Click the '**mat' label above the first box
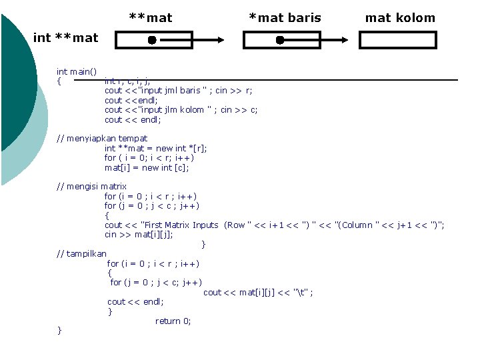pyautogui.click(x=150, y=18)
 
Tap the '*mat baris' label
pyautogui.click(x=285, y=18)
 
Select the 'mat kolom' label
pyautogui.click(x=400, y=18)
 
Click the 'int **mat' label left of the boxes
pyautogui.click(x=65, y=38)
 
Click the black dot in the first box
pyautogui.click(x=152, y=41)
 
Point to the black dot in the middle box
pyautogui.click(x=280, y=41)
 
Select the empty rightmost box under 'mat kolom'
pyautogui.click(x=397, y=41)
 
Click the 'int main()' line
pyautogui.click(x=76, y=71)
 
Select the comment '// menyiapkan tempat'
pyautogui.click(x=102, y=139)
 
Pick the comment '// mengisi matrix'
pyautogui.click(x=91, y=187)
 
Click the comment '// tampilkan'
pyautogui.click(x=81, y=254)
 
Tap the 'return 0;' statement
pyautogui.click(x=173, y=321)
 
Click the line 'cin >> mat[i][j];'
pyautogui.click(x=139, y=235)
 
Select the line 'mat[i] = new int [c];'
pyautogui.click(x=147, y=167)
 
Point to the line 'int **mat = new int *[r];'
pyautogui.click(x=155, y=148)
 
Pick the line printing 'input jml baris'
pyautogui.click(x=178, y=91)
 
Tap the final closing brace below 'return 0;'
pyautogui.click(x=60, y=330)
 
